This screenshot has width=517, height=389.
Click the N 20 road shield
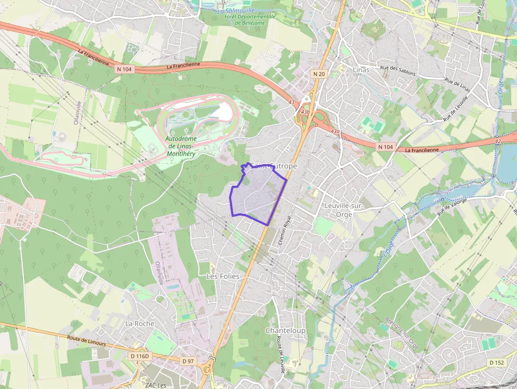[x=319, y=74]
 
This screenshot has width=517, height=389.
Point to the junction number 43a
[x=336, y=131]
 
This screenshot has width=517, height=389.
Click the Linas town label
[x=361, y=70]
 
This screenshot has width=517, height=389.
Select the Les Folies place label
[x=223, y=277]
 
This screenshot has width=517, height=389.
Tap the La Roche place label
[x=140, y=324]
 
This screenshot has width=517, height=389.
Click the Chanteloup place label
[x=285, y=330]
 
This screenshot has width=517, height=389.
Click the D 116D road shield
[x=140, y=356]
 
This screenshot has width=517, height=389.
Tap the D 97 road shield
[x=188, y=361]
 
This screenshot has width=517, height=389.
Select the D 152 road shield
[x=496, y=363]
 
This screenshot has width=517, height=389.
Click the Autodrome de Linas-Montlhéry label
[x=179, y=146]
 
